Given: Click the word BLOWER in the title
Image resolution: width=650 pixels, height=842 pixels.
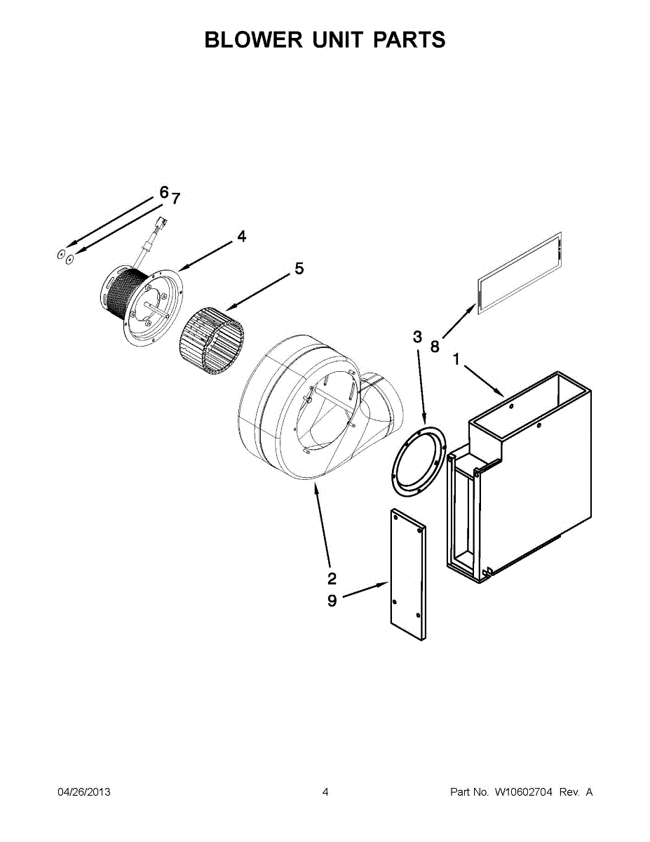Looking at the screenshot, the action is click(x=254, y=39).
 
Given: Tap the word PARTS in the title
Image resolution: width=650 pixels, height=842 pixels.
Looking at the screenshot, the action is click(x=409, y=39).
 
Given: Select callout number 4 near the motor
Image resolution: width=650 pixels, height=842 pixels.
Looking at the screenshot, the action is click(x=242, y=236).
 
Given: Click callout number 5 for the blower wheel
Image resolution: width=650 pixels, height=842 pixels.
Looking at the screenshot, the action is click(x=299, y=268).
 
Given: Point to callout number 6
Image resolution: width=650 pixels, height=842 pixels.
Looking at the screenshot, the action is click(x=164, y=192).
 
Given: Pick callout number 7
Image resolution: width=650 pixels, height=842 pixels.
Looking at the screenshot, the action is click(x=176, y=199).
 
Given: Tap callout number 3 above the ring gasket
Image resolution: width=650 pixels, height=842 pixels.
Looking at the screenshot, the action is click(x=417, y=337).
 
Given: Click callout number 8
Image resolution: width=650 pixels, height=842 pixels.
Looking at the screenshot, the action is click(x=435, y=347).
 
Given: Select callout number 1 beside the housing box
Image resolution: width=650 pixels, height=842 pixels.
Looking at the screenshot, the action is click(x=456, y=359).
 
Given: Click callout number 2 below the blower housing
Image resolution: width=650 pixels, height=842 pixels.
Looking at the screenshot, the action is click(x=332, y=578).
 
